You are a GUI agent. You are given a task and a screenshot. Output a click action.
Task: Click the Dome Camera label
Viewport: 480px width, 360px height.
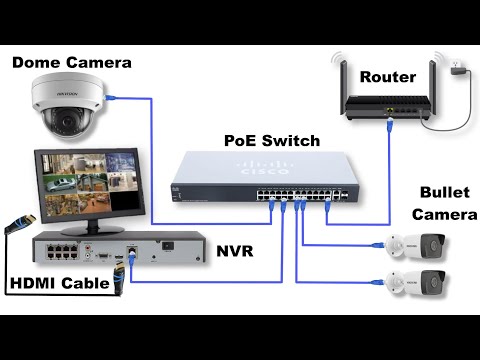[71, 63]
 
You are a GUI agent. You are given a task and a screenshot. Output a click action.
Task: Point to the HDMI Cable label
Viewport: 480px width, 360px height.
[59, 284]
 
